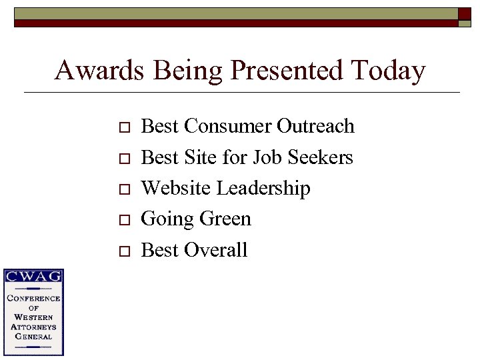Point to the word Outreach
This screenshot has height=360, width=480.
315,126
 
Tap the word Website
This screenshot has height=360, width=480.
177,189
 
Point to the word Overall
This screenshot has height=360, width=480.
216,250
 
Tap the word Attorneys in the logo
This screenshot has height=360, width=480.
33,327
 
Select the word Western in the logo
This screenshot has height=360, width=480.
33,317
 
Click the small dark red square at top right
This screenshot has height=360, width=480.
465,13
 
